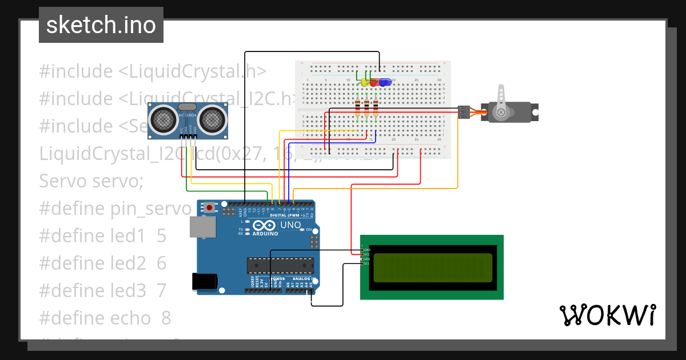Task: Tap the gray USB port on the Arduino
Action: (203, 226)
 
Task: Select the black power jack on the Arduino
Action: (204, 281)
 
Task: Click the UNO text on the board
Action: (290, 225)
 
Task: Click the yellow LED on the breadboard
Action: (364, 82)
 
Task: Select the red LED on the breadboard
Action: (374, 82)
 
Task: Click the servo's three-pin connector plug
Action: (464, 112)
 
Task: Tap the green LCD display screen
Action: (432, 267)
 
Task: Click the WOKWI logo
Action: (607, 315)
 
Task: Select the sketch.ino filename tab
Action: (101, 25)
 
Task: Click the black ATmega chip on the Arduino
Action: (280, 265)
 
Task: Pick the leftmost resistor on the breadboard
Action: (358, 106)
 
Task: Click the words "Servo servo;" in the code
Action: (91, 181)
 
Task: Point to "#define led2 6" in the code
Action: (102, 263)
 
